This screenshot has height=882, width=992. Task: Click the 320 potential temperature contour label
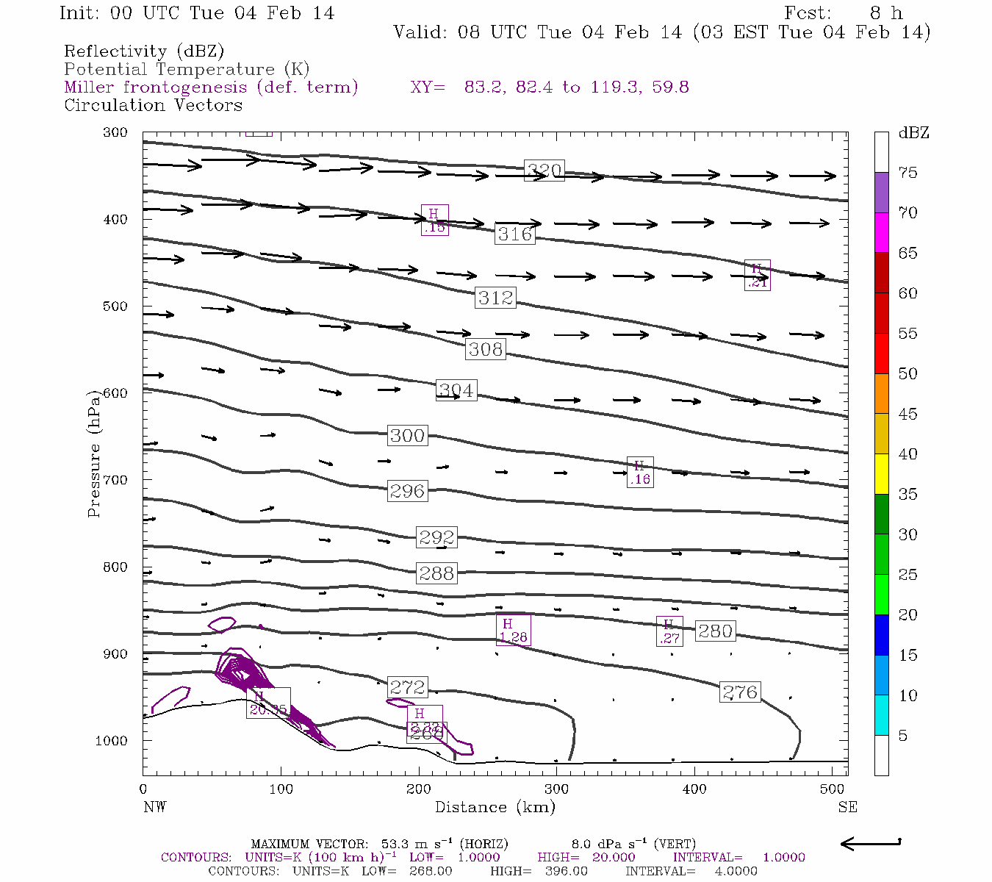(x=544, y=171)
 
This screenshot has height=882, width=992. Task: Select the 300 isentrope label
(x=407, y=435)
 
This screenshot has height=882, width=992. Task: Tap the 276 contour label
(x=740, y=692)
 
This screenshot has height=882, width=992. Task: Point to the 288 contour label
(x=436, y=573)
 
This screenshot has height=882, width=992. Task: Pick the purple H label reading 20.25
(x=268, y=703)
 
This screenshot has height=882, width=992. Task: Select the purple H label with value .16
(x=640, y=473)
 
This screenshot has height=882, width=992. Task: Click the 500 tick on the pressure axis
(x=115, y=306)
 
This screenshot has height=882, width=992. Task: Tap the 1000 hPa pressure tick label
(x=111, y=741)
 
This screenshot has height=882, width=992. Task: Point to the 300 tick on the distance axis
(x=556, y=789)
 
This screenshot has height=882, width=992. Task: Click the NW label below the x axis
(x=154, y=807)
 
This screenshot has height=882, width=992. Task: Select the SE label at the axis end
(x=847, y=807)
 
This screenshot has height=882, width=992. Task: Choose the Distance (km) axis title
(x=495, y=807)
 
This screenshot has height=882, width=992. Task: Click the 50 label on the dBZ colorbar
(x=907, y=373)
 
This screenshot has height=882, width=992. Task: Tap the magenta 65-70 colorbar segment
(x=881, y=232)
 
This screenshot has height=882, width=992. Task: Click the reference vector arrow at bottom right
(x=870, y=844)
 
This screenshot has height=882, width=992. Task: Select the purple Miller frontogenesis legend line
(x=211, y=87)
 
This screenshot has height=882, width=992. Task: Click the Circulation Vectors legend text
(x=153, y=105)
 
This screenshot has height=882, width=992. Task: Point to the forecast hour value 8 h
(x=885, y=13)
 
